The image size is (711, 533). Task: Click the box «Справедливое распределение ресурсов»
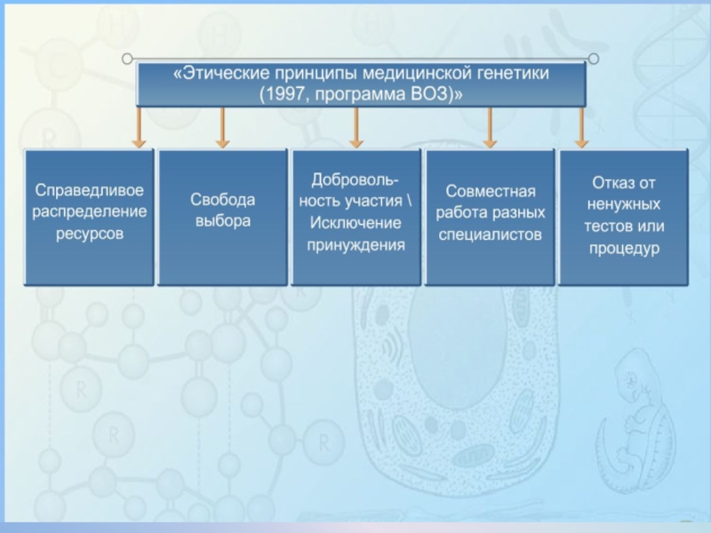pos(89,216)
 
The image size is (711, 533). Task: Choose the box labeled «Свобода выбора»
pos(223,216)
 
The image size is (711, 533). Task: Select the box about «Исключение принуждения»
pos(356,216)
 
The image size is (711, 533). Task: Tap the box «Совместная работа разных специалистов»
pos(490,216)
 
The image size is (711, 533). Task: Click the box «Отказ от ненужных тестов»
pos(623,216)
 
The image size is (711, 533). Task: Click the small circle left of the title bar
pos(127,59)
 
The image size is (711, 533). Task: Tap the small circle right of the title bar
pos(594,59)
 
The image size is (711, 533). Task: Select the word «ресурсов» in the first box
pos(89,235)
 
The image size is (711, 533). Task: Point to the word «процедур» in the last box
pos(623,248)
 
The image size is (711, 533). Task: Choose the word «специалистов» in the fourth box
pos(490,235)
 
